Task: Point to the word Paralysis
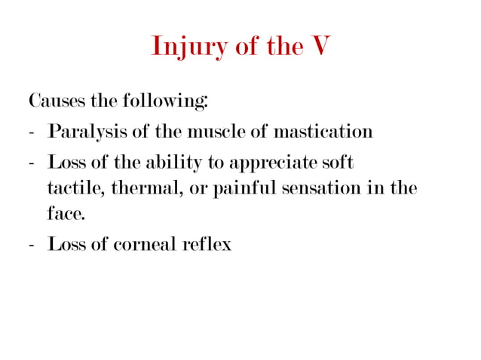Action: [84, 133]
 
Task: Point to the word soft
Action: [338, 163]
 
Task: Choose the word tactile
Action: [76, 188]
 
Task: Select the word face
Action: [65, 214]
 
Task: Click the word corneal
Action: [145, 245]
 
